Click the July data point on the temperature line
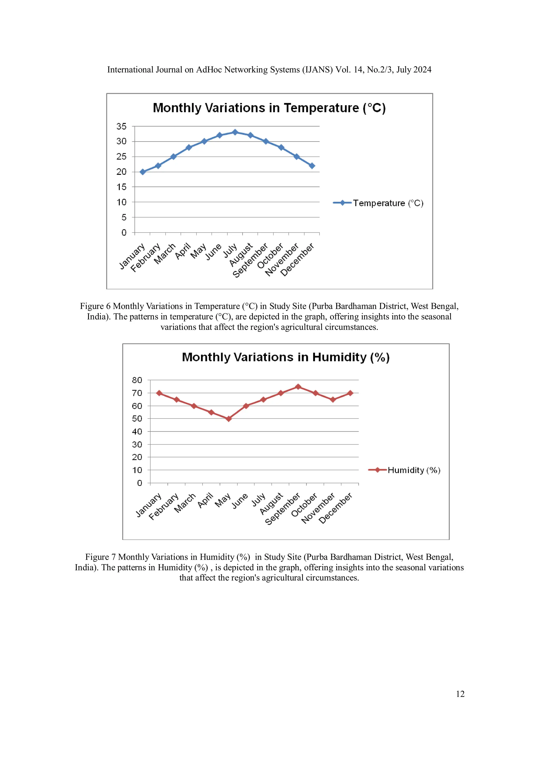tap(235, 132)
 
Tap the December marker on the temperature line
tap(312, 166)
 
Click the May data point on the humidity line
tap(228, 419)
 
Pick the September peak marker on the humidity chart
tap(298, 387)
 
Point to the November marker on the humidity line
tap(333, 400)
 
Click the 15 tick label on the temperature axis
tap(121, 187)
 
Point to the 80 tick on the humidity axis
tap(137, 380)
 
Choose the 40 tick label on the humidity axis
tap(137, 431)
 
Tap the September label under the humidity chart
tap(282, 509)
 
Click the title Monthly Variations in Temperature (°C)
tap(269, 108)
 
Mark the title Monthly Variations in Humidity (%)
tap(286, 357)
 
